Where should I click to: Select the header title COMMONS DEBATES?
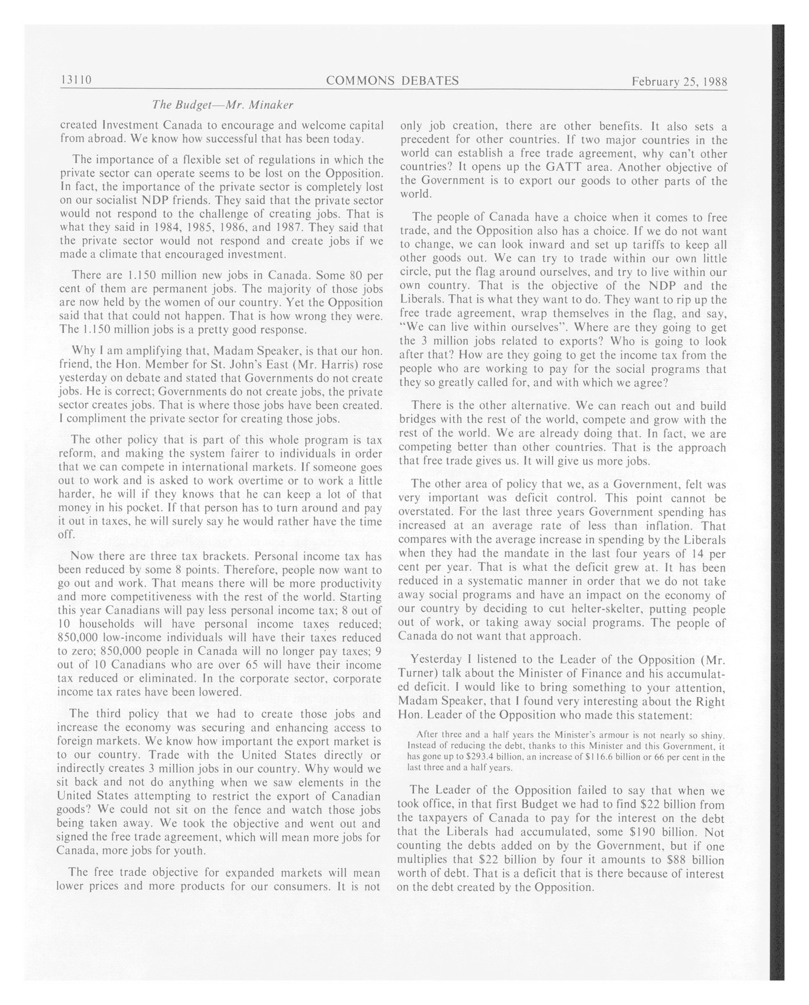tap(392, 81)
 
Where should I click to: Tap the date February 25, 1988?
tap(679, 82)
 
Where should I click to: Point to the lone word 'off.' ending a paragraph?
tap(66, 535)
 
